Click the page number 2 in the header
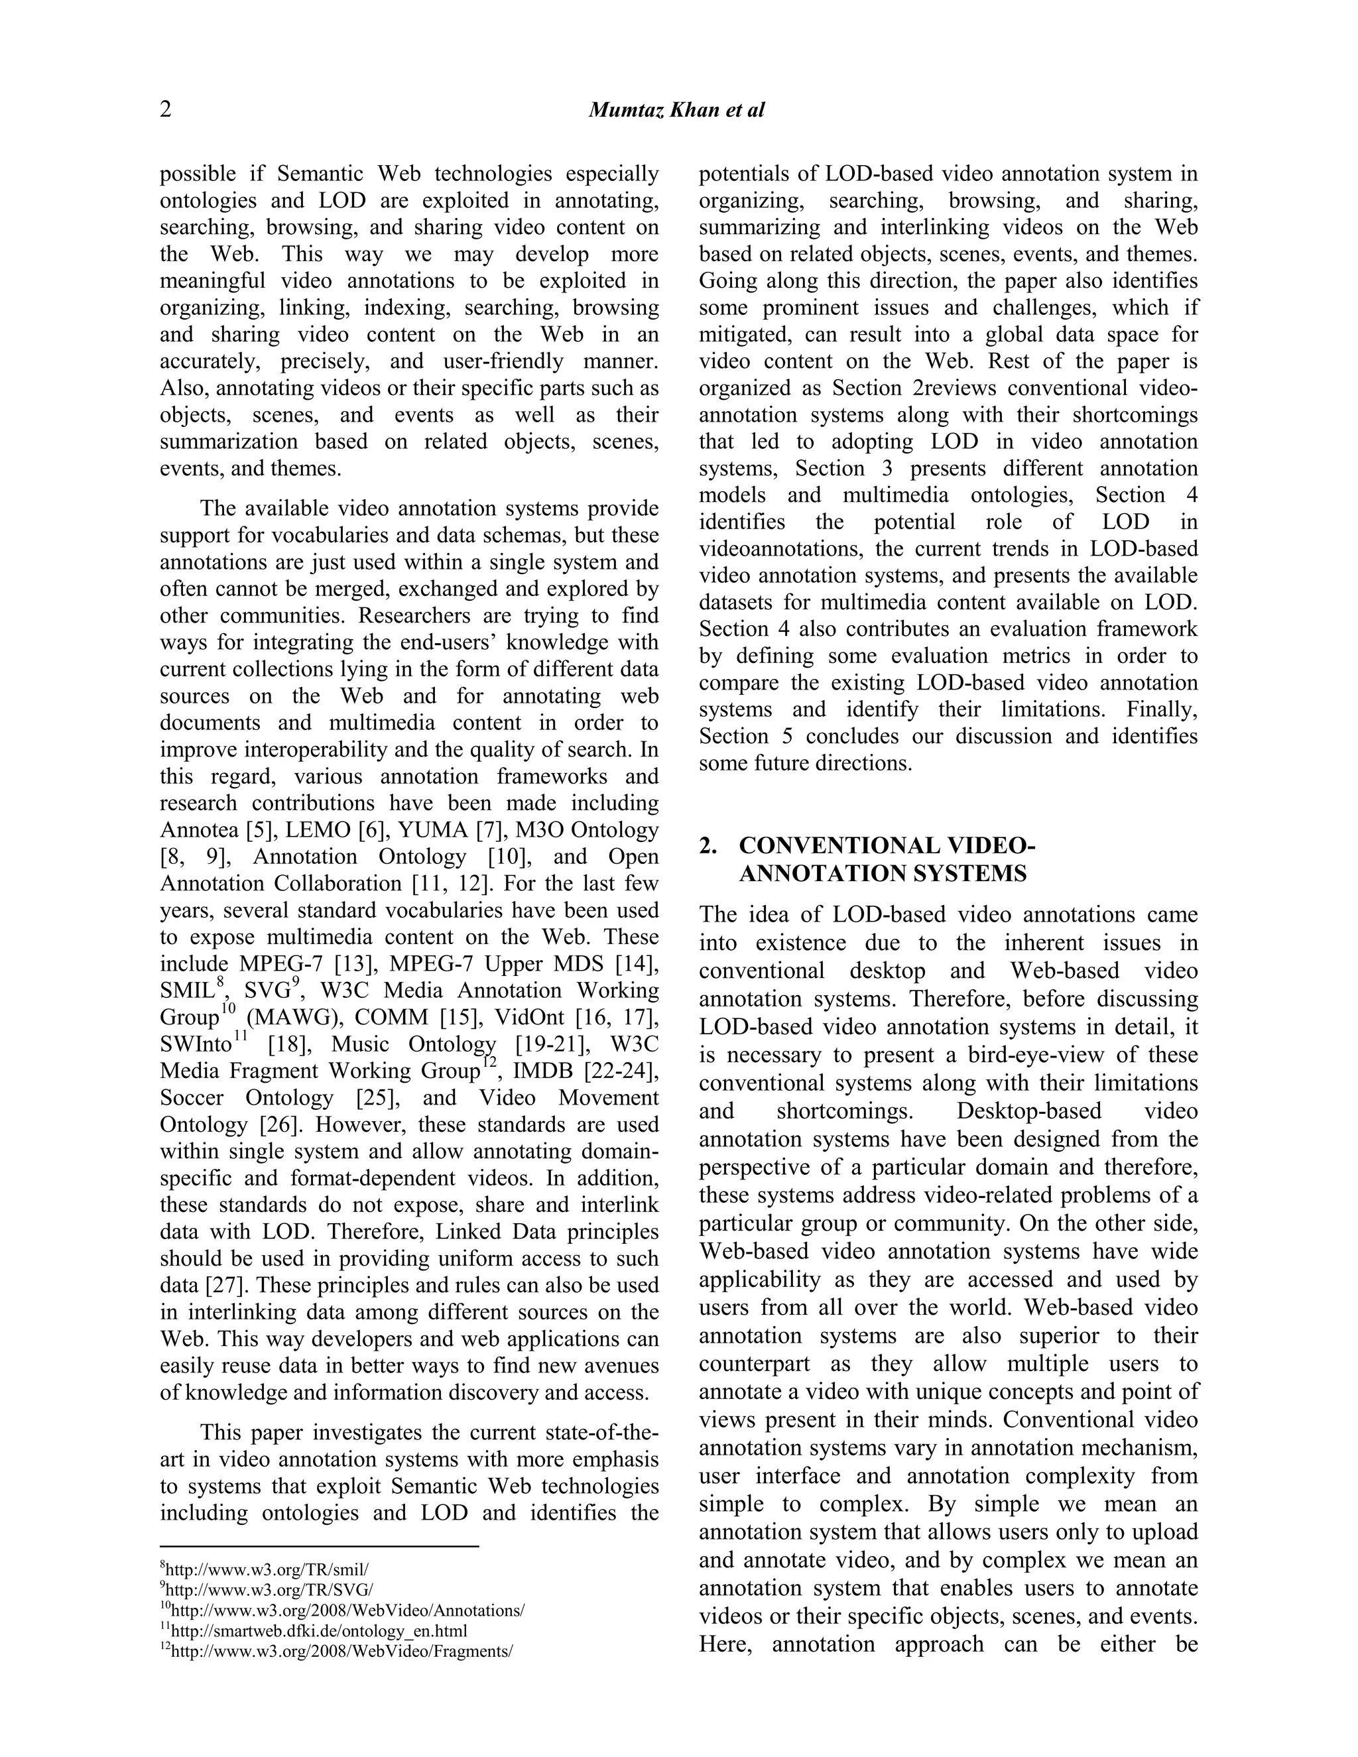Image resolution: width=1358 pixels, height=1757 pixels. tap(166, 109)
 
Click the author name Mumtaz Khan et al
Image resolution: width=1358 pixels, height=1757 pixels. tap(676, 110)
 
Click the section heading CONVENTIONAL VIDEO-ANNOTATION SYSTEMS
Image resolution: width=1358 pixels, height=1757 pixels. tap(885, 860)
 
